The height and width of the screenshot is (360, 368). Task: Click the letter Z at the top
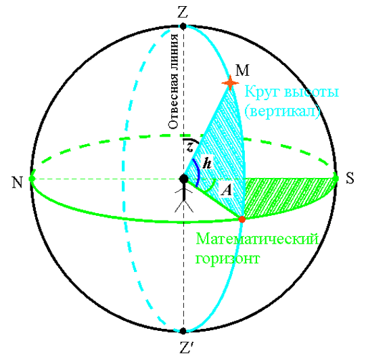pos(183,12)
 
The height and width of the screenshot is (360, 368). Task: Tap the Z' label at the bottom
pos(186,347)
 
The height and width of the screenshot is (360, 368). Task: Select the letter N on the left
pos(18,182)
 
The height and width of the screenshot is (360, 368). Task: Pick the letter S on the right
pos(350,178)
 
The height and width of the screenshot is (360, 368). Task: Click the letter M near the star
pos(242,70)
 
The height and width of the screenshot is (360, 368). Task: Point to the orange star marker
pos(230,83)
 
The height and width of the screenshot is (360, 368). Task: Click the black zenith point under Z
pos(183,26)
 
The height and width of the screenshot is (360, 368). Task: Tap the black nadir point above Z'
pos(183,331)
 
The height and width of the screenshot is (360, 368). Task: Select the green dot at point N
pos(32,179)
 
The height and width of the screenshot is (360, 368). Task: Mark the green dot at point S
pos(336,179)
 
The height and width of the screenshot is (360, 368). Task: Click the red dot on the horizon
pos(241,219)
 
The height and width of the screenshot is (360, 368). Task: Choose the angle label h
pos(207,163)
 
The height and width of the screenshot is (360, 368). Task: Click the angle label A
pos(227,190)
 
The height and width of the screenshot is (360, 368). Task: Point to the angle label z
pos(190,148)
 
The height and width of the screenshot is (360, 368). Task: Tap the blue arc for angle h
pos(198,172)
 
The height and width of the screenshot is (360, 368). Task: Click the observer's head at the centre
pos(184,179)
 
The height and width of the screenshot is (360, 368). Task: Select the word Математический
pos(257,239)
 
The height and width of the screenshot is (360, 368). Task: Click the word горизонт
pos(228,258)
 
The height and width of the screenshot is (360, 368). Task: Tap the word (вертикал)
pos(282,111)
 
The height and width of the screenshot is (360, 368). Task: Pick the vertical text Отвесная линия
pos(174,81)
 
